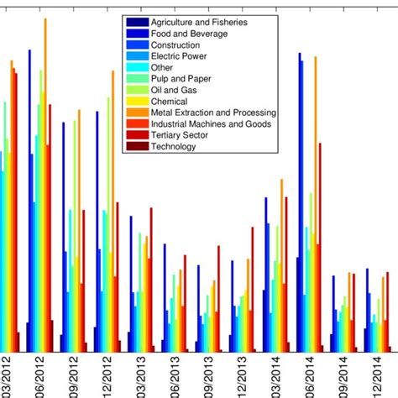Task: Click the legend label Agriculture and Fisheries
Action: [x=198, y=21]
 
